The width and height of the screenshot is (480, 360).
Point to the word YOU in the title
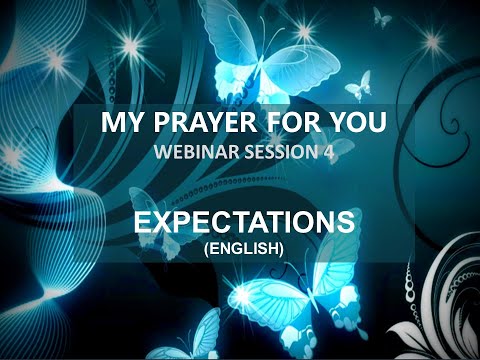pos(350,126)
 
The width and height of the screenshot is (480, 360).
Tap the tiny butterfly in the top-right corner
pos(381,16)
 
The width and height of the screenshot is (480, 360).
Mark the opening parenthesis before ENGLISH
pos(206,242)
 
